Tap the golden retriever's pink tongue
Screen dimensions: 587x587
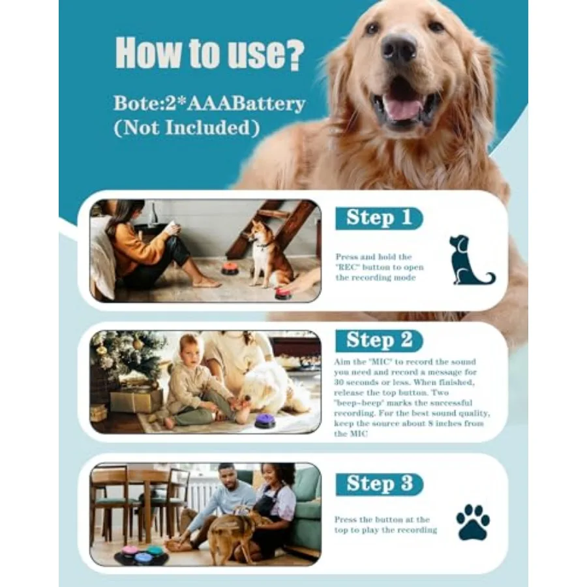tap(404, 108)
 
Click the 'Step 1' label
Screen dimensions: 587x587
tap(379, 218)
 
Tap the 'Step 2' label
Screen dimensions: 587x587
tap(379, 340)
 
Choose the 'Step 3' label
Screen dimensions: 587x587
tap(379, 484)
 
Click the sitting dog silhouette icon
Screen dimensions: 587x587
tap(470, 260)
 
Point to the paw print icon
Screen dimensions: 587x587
tap(473, 522)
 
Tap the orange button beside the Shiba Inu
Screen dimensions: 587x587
tap(232, 269)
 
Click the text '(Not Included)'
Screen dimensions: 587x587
tap(187, 128)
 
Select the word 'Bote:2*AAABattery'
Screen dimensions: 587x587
tap(209, 103)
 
